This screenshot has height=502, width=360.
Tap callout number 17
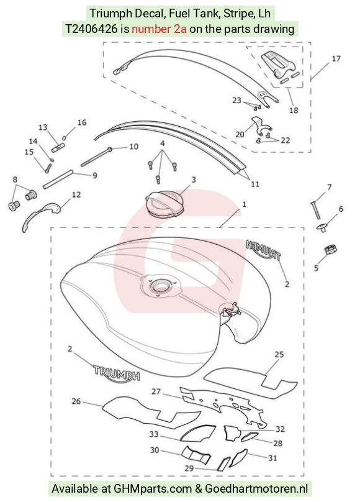click(336, 58)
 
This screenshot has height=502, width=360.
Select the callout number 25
click(279, 354)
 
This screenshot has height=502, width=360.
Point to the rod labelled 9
click(58, 180)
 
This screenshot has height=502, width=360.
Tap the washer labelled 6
click(322, 228)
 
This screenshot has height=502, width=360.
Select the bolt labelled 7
click(315, 210)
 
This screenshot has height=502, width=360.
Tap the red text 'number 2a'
click(159, 29)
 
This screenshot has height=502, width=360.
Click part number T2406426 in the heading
click(92, 29)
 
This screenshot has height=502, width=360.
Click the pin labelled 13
click(58, 148)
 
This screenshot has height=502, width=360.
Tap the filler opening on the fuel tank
click(160, 284)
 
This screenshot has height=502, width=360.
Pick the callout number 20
click(240, 134)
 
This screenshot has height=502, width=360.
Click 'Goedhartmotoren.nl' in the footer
click(256, 489)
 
